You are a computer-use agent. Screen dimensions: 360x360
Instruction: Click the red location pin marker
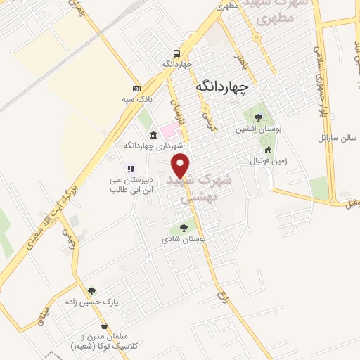pos(181,165)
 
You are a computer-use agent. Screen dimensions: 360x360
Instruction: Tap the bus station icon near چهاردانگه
pos(177,53)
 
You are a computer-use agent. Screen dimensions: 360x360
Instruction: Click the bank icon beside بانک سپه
pos(136,89)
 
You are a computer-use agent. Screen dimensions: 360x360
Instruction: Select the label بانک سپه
pos(136,101)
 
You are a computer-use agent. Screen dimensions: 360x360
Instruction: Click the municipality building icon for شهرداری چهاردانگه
pos(154,134)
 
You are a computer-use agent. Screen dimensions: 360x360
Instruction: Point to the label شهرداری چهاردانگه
pos(150,146)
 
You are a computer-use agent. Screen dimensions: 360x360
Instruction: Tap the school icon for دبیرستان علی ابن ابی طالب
pos(130,168)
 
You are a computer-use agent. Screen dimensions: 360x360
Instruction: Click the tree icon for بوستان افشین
pos(258,117)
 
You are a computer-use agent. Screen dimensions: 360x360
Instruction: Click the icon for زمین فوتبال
pos(267,150)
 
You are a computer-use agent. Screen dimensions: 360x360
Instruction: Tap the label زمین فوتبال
pos(264,162)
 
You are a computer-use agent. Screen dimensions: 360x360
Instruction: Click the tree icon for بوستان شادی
pos(184,227)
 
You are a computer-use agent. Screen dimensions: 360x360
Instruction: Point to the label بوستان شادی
pos(184,239)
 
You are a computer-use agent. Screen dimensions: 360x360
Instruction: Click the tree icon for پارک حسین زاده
pos(91,291)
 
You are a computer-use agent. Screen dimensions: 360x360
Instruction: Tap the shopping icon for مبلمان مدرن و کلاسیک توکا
pos(105,326)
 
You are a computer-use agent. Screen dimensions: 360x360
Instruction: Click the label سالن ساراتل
pos(322,138)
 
